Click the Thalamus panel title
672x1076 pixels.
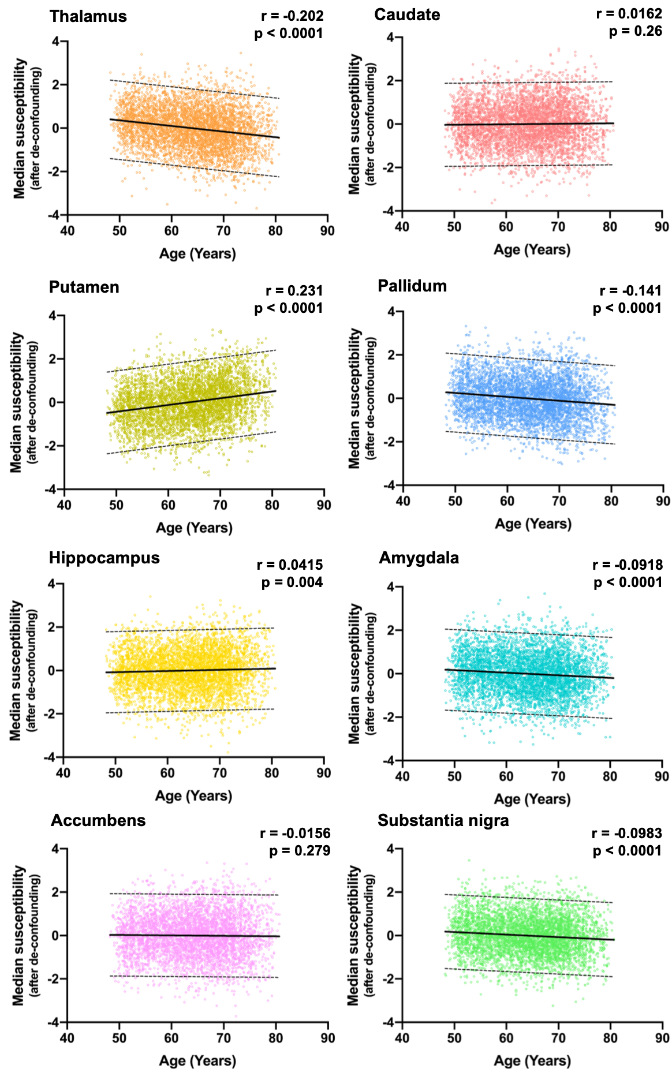click(x=88, y=16)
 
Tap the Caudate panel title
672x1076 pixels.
click(x=407, y=14)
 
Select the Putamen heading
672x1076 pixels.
click(x=84, y=287)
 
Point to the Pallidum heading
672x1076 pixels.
click(x=412, y=286)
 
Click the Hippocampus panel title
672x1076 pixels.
click(x=104, y=558)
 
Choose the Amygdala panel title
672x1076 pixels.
click(x=419, y=558)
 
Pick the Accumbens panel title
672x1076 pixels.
click(x=98, y=820)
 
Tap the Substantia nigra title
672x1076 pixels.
click(x=443, y=820)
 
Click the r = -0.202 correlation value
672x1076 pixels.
click(x=292, y=16)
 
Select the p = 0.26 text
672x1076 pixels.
click(x=636, y=31)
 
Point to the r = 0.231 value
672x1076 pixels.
click(x=294, y=290)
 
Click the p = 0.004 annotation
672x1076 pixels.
click(x=292, y=582)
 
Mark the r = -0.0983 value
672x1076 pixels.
click(x=627, y=833)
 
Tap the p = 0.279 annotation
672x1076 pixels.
click(x=300, y=850)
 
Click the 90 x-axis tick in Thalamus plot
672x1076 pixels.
click(x=327, y=230)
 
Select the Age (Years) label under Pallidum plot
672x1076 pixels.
click(x=533, y=524)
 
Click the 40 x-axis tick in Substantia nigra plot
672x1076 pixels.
click(x=402, y=1038)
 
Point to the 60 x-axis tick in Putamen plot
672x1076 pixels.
click(x=168, y=505)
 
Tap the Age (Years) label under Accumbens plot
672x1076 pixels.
click(x=197, y=1060)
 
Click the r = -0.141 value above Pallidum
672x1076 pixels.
click(x=630, y=290)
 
